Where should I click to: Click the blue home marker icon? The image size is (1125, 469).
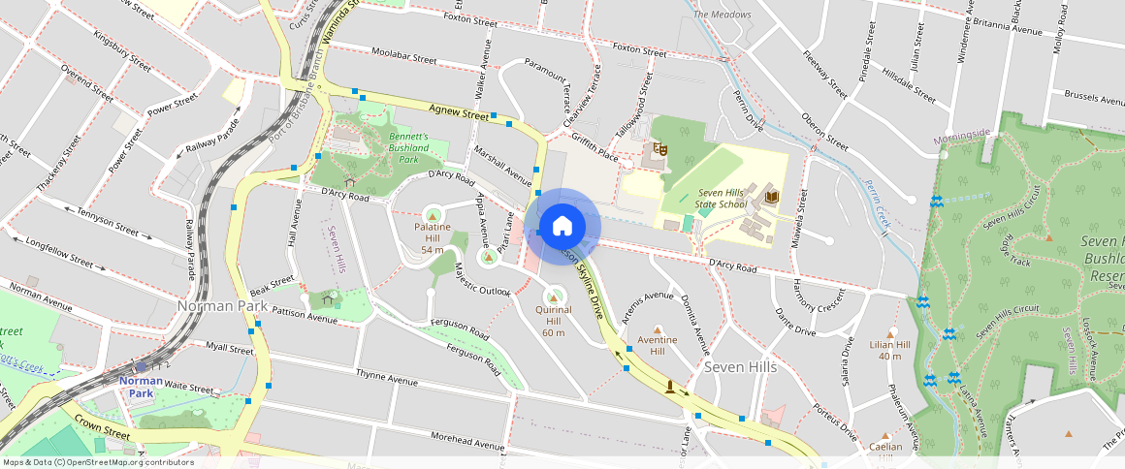pos(562,227)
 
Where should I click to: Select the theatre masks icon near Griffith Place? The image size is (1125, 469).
pos(659,148)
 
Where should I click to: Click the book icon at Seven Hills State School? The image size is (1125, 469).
pos(772,198)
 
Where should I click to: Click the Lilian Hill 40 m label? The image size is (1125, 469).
pos(889,350)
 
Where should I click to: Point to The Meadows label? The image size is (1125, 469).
pos(723,15)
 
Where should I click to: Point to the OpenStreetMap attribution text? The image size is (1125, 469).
pos(98,462)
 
